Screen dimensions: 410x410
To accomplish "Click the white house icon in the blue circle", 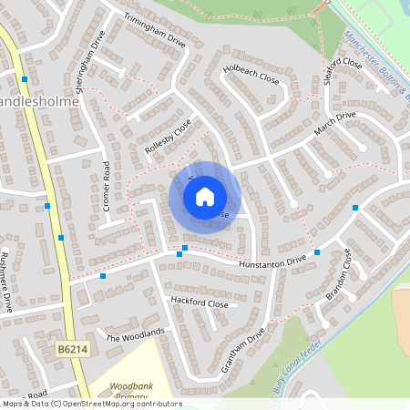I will (x=205, y=196).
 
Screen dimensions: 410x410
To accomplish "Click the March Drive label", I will (x=334, y=123).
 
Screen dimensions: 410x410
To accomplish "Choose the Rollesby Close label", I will (x=169, y=137).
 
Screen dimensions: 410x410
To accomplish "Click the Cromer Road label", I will (x=107, y=187).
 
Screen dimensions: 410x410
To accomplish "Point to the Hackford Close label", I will (x=198, y=302).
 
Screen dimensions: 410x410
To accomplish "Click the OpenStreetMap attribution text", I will (x=91, y=404).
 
